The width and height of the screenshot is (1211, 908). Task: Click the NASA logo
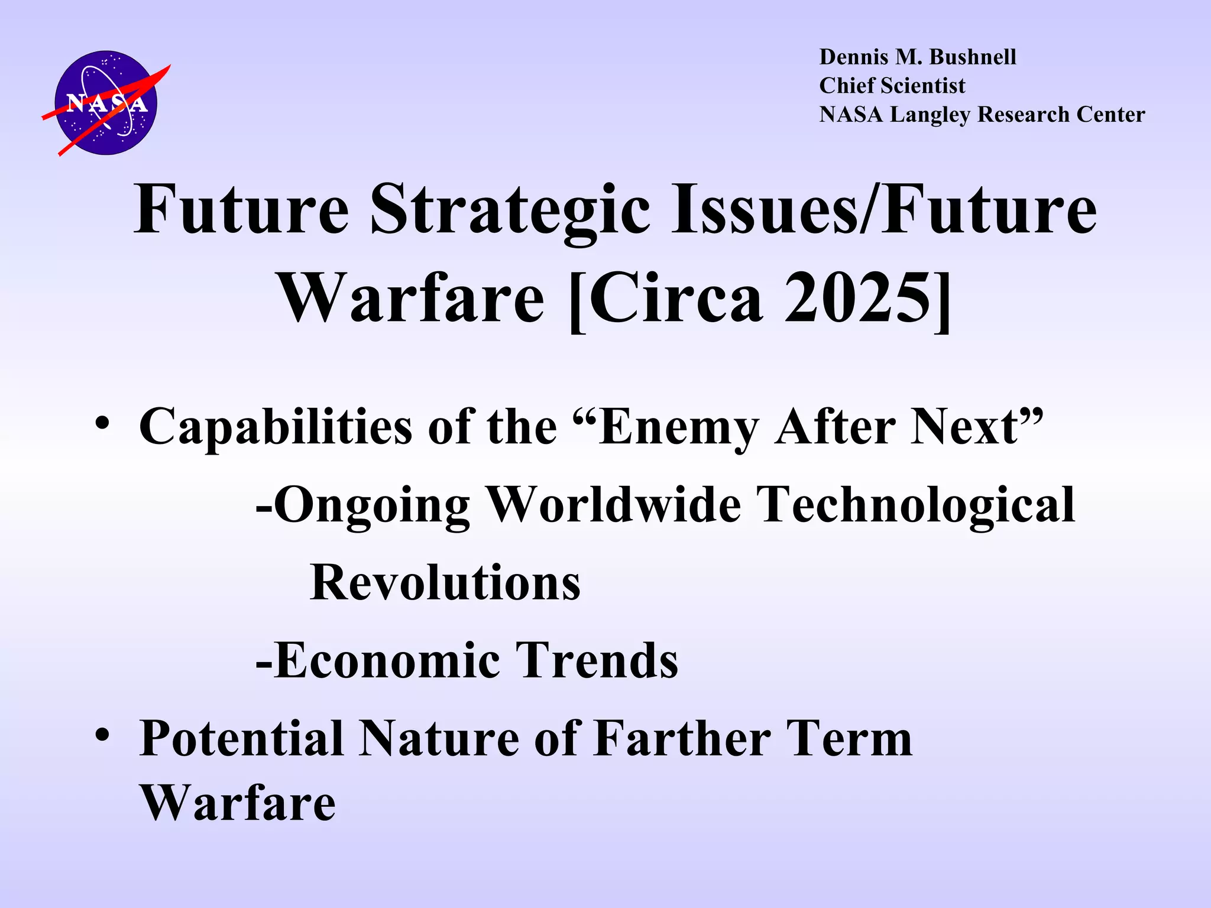[x=106, y=103]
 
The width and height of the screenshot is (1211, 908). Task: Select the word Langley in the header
[x=930, y=115]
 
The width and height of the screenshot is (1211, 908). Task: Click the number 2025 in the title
[x=858, y=299]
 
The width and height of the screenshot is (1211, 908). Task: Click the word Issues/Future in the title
[x=883, y=210]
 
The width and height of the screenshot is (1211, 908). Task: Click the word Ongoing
[x=372, y=505]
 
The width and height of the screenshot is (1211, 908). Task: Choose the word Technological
[x=916, y=505]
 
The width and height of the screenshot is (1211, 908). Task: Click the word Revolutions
[x=445, y=583]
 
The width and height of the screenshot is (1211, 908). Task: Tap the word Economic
[x=387, y=660]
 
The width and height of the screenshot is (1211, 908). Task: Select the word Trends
[x=597, y=660]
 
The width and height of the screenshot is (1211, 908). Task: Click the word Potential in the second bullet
[x=241, y=739]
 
